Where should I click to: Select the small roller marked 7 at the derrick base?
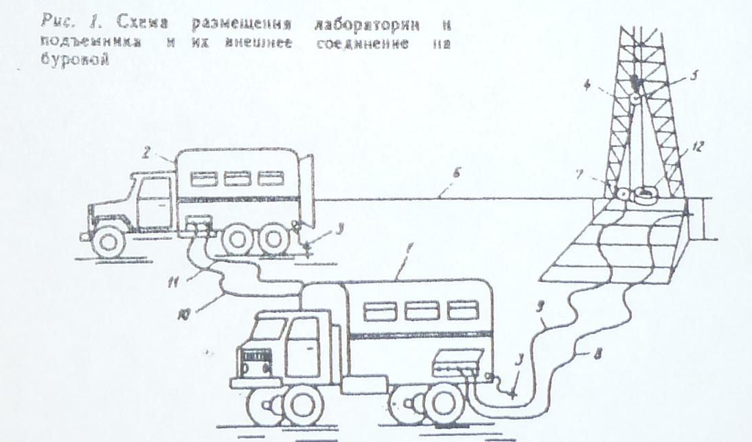623,193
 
